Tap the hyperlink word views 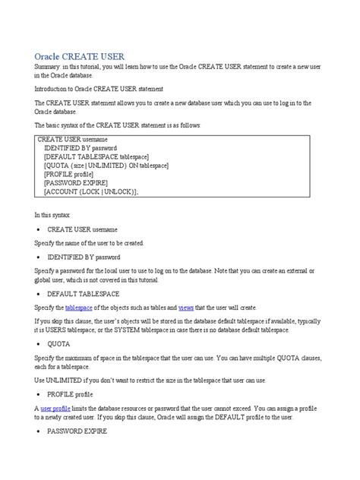pyautogui.click(x=186, y=307)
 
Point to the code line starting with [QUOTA pyautogui.click(x=106, y=166)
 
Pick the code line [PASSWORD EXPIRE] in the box pyautogui.click(x=76, y=183)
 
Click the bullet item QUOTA pyautogui.click(x=61, y=343)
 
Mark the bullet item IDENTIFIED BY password pyautogui.click(x=89, y=257)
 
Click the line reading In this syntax pyautogui.click(x=52, y=216)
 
